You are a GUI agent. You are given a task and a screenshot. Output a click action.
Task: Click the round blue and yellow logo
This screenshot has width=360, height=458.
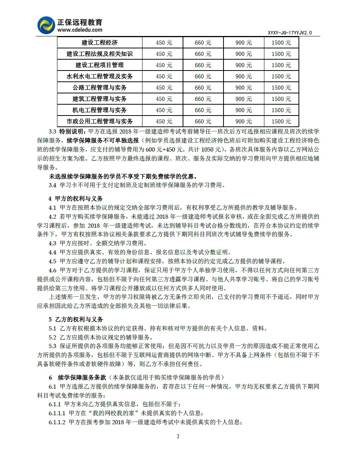click(x=46, y=25)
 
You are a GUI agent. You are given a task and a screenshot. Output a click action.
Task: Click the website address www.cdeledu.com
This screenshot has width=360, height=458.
click(x=80, y=30)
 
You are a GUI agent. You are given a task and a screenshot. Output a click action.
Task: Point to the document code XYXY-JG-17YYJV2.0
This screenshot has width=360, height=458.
click(x=290, y=33)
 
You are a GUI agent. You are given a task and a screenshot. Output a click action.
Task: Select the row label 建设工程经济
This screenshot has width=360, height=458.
click(x=99, y=43)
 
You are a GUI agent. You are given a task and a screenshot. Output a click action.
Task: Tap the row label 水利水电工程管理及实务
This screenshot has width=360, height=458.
click(x=99, y=77)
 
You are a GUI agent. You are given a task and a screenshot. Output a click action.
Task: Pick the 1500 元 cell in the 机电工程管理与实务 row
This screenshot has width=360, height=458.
click(x=281, y=110)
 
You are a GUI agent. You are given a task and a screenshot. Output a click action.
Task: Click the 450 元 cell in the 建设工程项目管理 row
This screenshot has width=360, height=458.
click(x=164, y=65)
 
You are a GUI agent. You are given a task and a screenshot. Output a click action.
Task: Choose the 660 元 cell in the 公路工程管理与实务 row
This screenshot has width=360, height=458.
click(x=203, y=88)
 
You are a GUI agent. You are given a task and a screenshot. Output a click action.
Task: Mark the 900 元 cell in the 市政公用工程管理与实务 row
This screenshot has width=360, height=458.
click(x=243, y=122)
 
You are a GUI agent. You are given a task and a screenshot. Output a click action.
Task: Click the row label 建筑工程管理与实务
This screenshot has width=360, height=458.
click(x=99, y=99)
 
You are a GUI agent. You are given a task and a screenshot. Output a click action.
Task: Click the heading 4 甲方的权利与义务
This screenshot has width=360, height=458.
click(x=75, y=198)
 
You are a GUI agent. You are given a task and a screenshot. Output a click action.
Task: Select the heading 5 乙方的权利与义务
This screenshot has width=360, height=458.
click(x=75, y=319)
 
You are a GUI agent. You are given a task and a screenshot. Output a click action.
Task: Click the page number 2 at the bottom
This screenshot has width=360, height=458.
click(x=178, y=436)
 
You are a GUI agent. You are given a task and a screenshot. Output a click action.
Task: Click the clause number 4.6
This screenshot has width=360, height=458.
click(x=52, y=270)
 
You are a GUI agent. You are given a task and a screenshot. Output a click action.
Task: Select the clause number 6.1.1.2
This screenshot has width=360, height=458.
click(x=57, y=422)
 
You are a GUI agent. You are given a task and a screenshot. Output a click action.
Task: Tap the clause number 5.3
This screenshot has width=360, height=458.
click(x=52, y=346)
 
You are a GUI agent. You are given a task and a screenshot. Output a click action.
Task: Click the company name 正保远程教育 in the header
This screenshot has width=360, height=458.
click(x=80, y=22)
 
